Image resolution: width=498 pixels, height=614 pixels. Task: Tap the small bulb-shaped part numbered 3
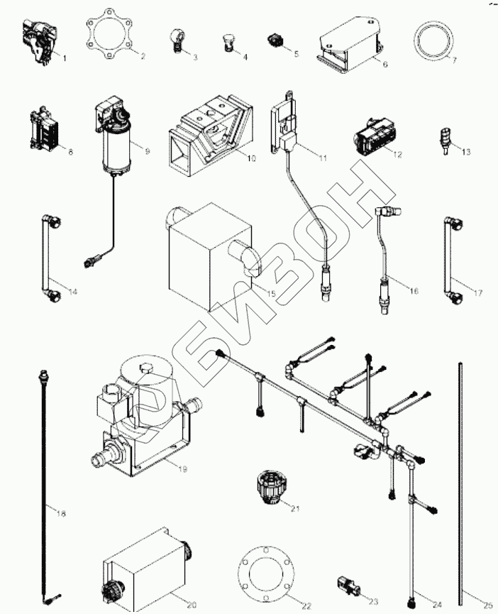[x=176, y=41]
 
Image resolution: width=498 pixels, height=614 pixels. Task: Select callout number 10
[x=252, y=158]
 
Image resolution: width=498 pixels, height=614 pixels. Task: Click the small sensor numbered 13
[x=444, y=140]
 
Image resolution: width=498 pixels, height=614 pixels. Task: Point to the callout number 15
[x=271, y=294]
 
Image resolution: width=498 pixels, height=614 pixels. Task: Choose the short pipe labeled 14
[x=50, y=258]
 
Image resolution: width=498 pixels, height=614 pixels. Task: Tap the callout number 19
[x=182, y=469]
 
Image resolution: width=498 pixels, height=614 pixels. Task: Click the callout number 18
[x=61, y=514]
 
